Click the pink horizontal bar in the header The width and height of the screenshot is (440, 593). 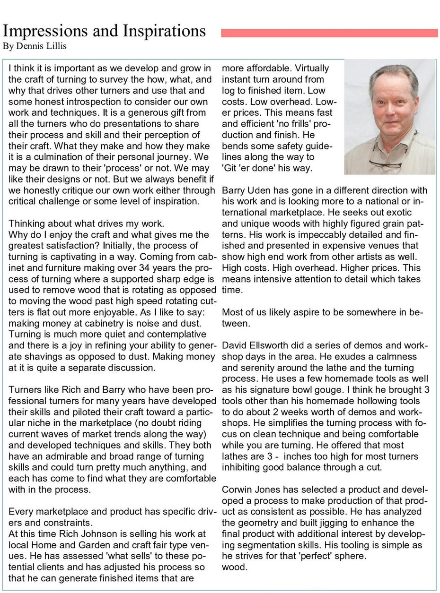329,33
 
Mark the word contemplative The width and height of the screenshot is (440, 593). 167,334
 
